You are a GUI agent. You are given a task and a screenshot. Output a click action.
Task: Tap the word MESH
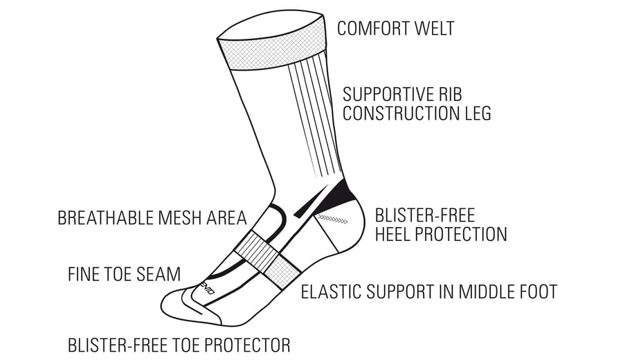point(178,218)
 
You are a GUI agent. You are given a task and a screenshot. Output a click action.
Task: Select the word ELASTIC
point(331,291)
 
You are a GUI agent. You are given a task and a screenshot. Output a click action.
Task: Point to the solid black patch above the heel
point(338,195)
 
